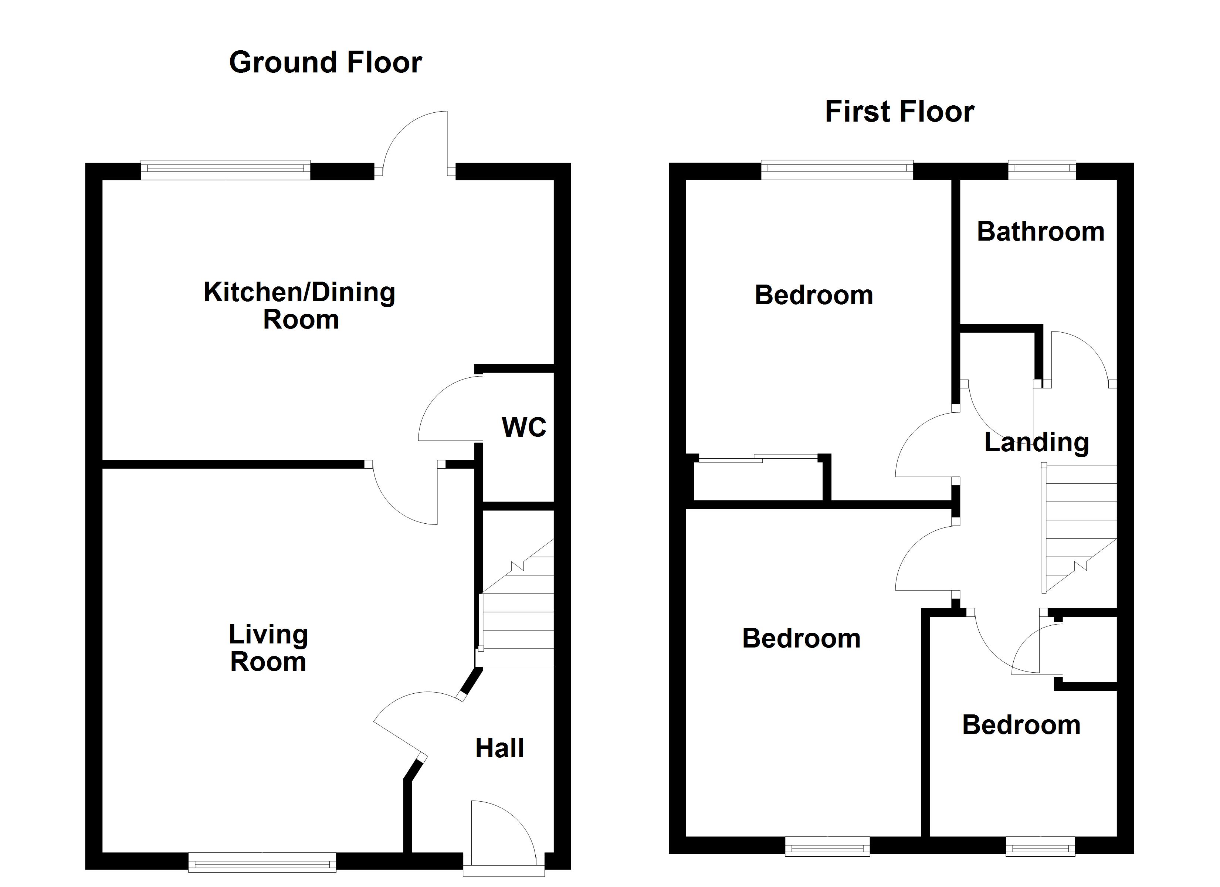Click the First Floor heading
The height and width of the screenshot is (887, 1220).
pyautogui.click(x=899, y=112)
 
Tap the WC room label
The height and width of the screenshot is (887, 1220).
pyautogui.click(x=523, y=428)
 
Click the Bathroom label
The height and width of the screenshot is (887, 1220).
pyautogui.click(x=1040, y=232)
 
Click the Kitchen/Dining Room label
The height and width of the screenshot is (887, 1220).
pyautogui.click(x=299, y=306)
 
